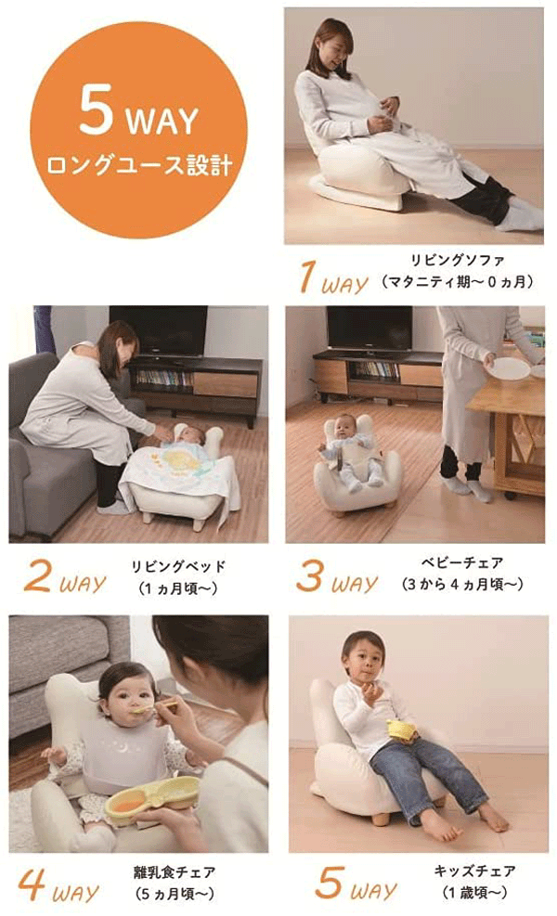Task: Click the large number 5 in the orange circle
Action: [97, 114]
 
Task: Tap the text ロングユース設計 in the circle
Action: [138, 168]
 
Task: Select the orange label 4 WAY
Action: [58, 887]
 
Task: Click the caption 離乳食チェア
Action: [175, 872]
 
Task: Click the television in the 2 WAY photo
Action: [158, 330]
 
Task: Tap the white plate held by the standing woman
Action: [509, 368]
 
